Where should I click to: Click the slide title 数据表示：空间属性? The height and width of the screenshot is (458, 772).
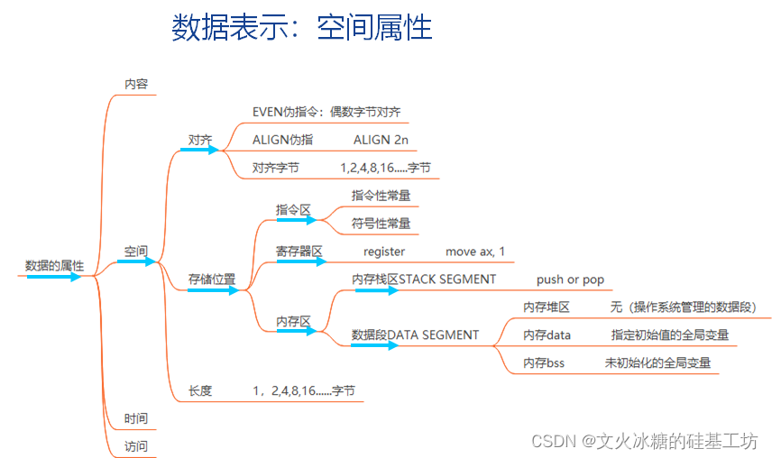pos(301,28)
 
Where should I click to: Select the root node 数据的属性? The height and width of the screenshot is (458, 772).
pos(54,266)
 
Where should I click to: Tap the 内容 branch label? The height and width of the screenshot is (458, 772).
pos(135,84)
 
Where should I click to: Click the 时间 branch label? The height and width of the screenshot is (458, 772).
pos(135,418)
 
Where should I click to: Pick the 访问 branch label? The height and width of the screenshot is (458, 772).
pos(135,446)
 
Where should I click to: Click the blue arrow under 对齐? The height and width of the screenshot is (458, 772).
pos(199,150)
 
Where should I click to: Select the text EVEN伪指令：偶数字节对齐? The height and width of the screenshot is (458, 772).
pos(326,112)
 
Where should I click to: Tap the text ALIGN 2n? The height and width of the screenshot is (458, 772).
pos(381,140)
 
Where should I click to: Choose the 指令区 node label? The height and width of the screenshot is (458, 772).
pos(293,209)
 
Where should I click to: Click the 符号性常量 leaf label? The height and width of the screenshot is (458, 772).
pos(381,223)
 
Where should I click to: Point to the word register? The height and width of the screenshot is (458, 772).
pos(384,252)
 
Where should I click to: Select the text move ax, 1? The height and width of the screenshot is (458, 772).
pos(475,252)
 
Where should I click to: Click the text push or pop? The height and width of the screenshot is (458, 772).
pos(570,279)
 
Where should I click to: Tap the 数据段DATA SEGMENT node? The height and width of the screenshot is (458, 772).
pos(415,334)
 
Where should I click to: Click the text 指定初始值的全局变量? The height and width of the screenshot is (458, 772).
pos(669,334)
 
